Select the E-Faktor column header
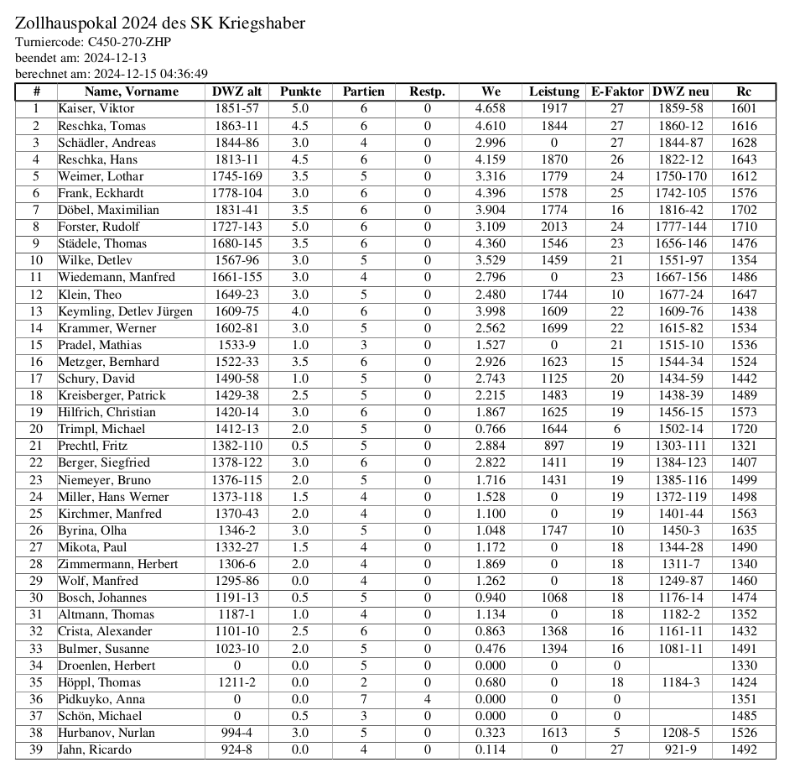[616, 91]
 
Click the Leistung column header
[553, 91]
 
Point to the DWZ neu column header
[680, 91]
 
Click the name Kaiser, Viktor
[96, 108]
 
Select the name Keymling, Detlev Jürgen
[125, 311]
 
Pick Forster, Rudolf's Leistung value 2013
[553, 227]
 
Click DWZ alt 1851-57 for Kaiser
[236, 108]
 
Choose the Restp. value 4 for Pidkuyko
[427, 699]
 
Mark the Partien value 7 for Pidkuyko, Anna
[364, 699]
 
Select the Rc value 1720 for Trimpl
[743, 429]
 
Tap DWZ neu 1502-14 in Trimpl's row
[680, 429]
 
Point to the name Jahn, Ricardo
[94, 749]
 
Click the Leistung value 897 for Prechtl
[553, 446]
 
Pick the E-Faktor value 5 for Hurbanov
[616, 733]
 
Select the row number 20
[36, 429]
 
